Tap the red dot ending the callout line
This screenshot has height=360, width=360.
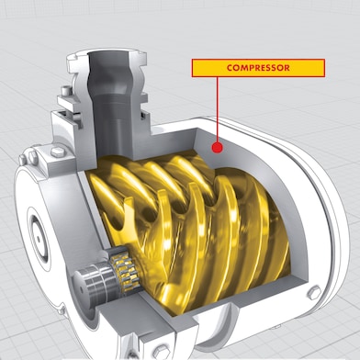217,145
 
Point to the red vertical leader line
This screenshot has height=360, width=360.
217,110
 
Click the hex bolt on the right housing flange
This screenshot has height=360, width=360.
311,293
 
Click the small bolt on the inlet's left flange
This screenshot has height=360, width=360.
61,92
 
